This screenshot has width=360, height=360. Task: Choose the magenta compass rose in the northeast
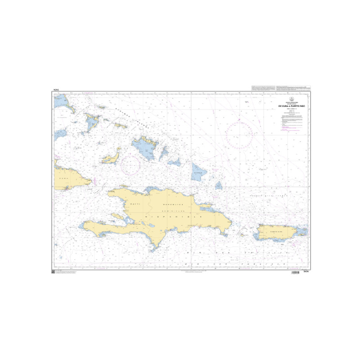[240, 134]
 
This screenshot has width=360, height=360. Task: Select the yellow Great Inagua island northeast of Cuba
[110, 158]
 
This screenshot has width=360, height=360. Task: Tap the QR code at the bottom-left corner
[53, 273]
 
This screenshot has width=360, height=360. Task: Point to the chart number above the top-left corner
[56, 91]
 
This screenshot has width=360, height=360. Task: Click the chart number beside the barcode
[308, 273]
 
